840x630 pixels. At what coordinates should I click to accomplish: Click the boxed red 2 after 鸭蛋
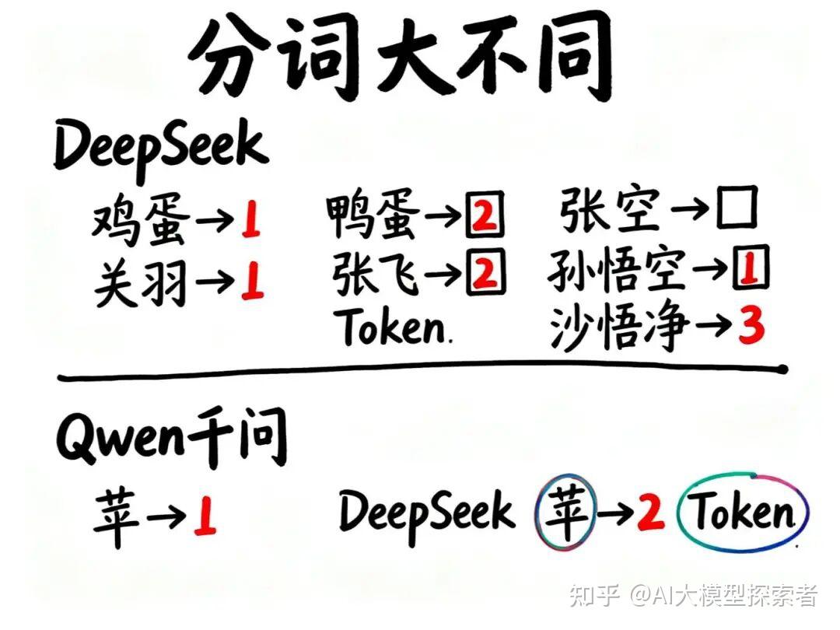pyautogui.click(x=485, y=217)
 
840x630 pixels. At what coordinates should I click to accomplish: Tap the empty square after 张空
pyautogui.click(x=736, y=210)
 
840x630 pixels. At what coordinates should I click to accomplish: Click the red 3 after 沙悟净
pyautogui.click(x=751, y=327)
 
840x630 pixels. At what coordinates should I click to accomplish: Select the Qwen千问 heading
pyautogui.click(x=171, y=436)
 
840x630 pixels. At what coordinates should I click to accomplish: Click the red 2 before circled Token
pyautogui.click(x=650, y=513)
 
